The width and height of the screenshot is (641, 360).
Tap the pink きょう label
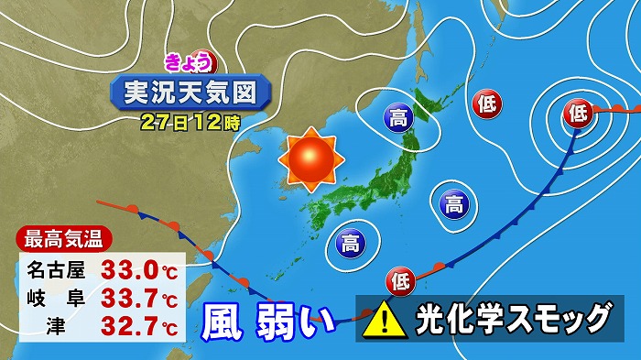(x=190, y=61)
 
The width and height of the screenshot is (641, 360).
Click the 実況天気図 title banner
(x=190, y=92)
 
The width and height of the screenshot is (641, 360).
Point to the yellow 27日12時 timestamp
(x=190, y=121)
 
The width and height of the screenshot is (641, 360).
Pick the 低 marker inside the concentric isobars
(x=577, y=114)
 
